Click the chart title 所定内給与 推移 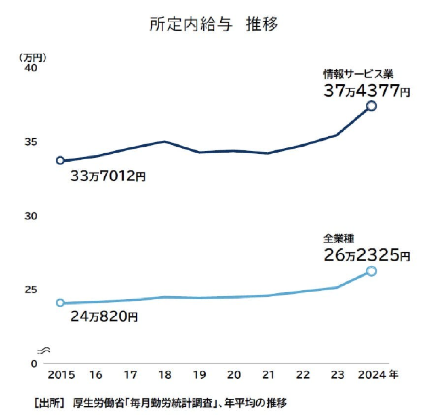pos(213,24)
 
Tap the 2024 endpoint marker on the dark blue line pos(371,106)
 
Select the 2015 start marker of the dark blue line pos(60,160)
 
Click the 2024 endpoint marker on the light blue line pos(371,271)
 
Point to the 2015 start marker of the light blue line pos(60,303)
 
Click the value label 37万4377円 pos(366,91)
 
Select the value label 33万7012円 pos(108,176)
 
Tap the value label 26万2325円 pos(366,255)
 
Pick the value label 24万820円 pos(104,316)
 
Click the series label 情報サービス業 pos(358,74)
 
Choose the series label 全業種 pos(338,239)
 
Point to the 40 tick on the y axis pos(31,68)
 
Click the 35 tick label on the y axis pos(31,142)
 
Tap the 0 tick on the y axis pos(34,364)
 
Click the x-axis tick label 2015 pos(61,375)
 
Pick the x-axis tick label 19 pos(199,375)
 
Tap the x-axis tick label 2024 pos(371,375)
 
